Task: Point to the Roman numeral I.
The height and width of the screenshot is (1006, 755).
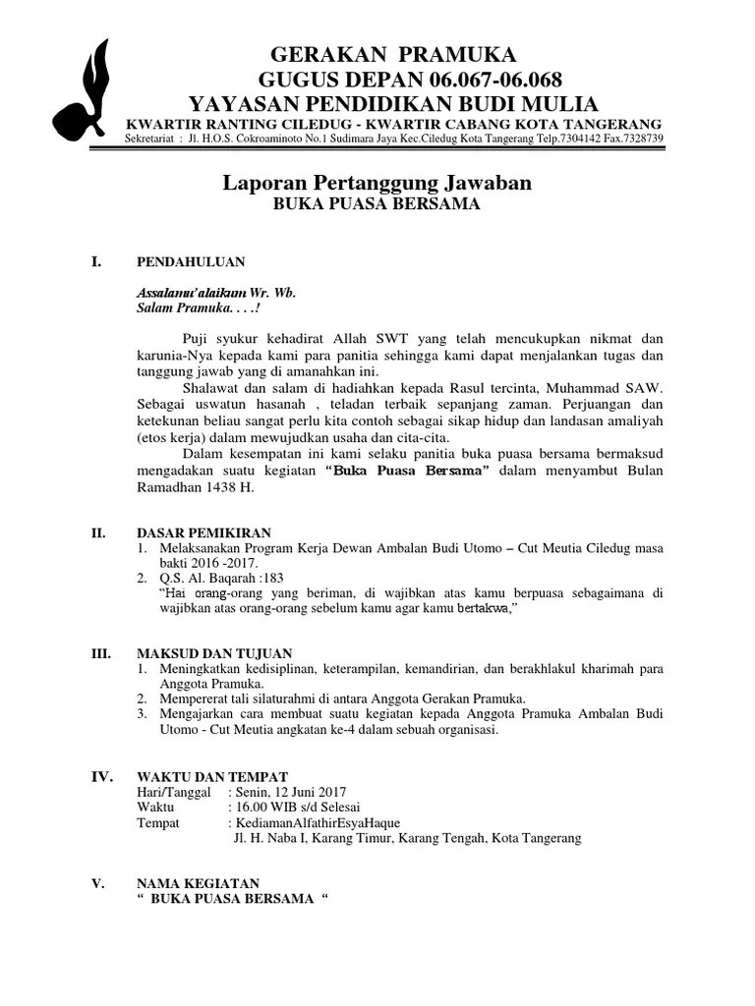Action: (96, 261)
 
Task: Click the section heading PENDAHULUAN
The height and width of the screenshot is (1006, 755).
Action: (191, 262)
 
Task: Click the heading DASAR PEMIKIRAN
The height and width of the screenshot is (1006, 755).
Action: (204, 532)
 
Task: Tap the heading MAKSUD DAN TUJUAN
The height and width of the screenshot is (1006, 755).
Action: (215, 653)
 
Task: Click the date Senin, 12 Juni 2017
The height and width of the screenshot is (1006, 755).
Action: (290, 792)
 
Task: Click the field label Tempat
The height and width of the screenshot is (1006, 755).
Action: (158, 823)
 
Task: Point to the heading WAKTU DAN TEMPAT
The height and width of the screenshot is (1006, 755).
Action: (212, 776)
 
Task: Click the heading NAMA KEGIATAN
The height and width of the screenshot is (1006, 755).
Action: (198, 883)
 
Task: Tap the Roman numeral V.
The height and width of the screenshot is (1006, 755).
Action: (97, 883)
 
